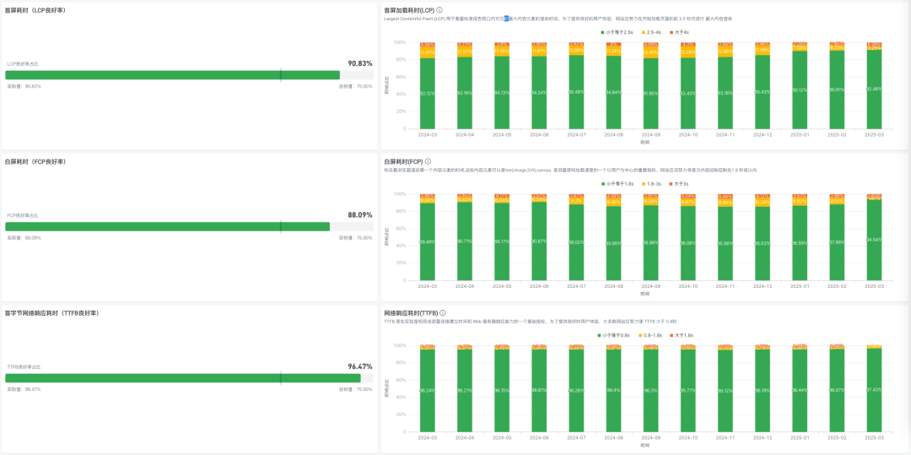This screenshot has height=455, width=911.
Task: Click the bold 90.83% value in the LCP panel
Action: point(360,63)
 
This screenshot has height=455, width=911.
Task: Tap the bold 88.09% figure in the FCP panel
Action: point(360,215)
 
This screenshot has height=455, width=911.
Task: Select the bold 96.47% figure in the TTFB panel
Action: point(360,367)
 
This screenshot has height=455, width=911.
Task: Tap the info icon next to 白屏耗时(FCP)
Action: point(428,161)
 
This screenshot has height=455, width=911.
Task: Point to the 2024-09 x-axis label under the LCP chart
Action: point(650,134)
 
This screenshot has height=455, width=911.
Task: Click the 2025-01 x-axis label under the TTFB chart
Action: point(800,437)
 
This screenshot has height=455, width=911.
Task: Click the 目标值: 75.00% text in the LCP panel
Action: point(355,86)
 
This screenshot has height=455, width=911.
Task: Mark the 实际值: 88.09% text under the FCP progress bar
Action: point(24,238)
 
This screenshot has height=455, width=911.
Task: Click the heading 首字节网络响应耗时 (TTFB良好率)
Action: point(52,313)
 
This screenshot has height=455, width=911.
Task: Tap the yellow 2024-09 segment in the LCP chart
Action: point(650,52)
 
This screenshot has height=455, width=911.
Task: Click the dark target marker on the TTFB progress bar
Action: point(281,378)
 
